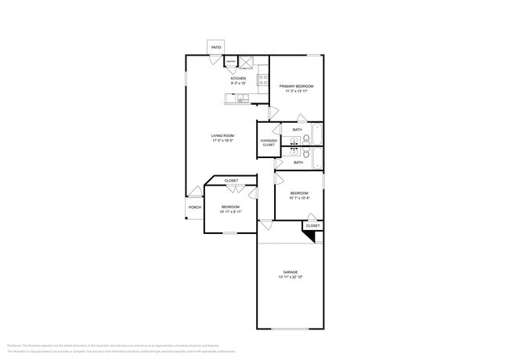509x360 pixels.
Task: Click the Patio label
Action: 215,48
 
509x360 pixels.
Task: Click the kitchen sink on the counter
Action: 243,98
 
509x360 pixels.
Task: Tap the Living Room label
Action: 222,136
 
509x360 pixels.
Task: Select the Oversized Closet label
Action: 268,143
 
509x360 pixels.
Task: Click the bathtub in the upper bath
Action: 316,135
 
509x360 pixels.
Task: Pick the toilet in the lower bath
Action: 307,153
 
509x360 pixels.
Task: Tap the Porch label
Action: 194,207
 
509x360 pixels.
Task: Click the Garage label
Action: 291,272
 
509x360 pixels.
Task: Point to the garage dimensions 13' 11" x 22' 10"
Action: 291,278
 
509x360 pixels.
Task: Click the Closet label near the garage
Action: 312,225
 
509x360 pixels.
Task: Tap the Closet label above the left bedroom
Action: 231,181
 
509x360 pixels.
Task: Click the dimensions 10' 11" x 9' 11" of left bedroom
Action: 230,211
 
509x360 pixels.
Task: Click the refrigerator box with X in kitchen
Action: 245,63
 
